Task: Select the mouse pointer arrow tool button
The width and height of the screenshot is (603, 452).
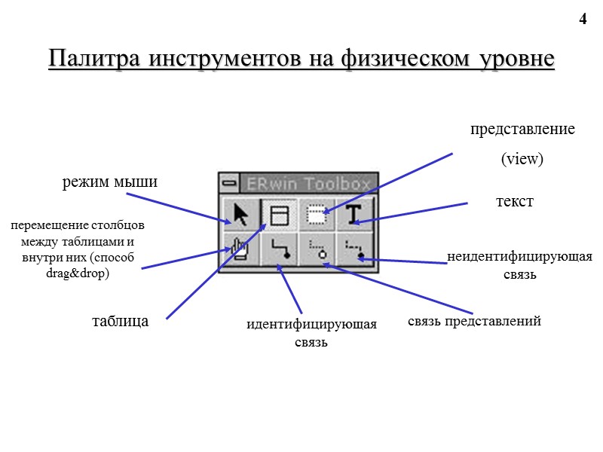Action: click(x=241, y=215)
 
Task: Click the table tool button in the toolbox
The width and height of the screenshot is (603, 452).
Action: click(x=279, y=215)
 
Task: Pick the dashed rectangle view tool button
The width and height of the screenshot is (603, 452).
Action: click(x=317, y=215)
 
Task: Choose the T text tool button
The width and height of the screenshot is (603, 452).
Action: click(x=354, y=215)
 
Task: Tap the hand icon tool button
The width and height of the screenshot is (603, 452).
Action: click(x=241, y=248)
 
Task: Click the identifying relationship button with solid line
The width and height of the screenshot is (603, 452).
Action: click(x=279, y=248)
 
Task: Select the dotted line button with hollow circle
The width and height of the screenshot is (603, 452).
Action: click(x=317, y=248)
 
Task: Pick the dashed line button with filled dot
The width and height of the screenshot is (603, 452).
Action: click(x=354, y=248)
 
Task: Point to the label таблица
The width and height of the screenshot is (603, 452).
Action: click(x=120, y=321)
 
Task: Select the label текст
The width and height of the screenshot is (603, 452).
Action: click(x=514, y=202)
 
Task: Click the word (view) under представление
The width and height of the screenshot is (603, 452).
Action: click(x=522, y=159)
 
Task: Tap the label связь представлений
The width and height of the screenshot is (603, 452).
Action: click(x=475, y=322)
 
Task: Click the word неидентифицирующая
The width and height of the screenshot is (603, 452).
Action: click(x=519, y=258)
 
